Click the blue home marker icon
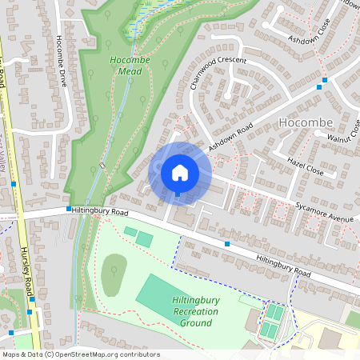tap(180, 172)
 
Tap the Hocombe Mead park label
tap(126, 66)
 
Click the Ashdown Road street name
tap(230, 137)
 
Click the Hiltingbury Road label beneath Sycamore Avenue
tap(282, 266)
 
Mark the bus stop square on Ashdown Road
tap(324, 80)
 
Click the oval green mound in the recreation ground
tap(114, 274)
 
